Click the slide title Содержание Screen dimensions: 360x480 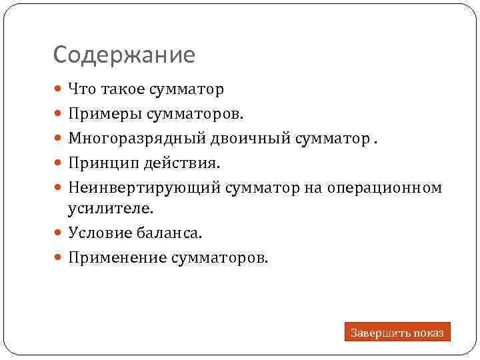tap(124, 55)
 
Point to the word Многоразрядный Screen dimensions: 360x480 tap(128, 139)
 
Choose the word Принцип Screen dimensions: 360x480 tap(98, 163)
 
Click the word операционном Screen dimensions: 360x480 tap(384, 188)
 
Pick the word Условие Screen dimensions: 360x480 tap(97, 233)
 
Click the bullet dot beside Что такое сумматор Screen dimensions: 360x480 tap(59, 89)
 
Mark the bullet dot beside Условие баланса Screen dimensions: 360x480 tap(59, 233)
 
